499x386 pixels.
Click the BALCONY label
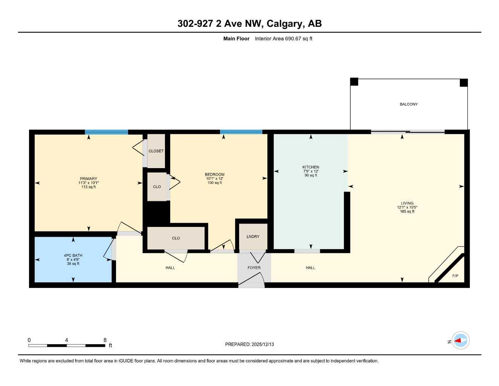coord(409,104)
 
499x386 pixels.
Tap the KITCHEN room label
coord(311,167)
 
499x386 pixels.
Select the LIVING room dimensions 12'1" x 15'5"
coord(407,207)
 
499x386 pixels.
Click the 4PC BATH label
coord(73,255)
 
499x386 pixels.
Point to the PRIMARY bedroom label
coord(89,179)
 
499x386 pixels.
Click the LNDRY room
coord(253,237)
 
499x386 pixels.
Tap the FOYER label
coord(254,268)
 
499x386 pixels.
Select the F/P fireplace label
coord(455,276)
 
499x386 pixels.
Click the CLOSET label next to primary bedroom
coord(156,151)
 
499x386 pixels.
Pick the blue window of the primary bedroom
coord(106,132)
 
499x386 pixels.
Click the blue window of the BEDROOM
coord(241,132)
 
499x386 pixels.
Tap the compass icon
coord(460,341)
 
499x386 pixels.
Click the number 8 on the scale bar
coord(105,340)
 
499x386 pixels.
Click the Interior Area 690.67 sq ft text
coord(284,38)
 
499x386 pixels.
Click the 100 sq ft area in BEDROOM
coord(215,183)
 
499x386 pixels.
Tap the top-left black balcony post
coord(354,82)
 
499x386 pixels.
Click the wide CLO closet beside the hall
coord(176,238)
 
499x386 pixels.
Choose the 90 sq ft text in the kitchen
coord(311,175)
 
